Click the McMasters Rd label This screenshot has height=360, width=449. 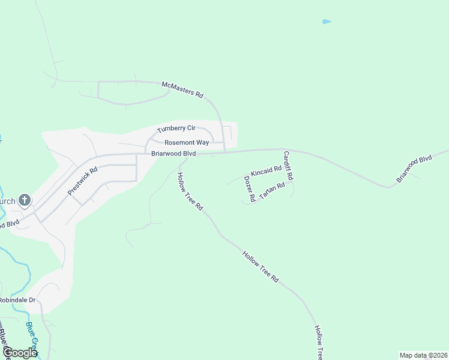[183, 90]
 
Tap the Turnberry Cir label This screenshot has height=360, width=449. [176, 128]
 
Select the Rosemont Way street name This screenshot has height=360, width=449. [187, 143]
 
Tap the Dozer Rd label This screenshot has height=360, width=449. [250, 188]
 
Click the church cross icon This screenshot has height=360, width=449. [25, 200]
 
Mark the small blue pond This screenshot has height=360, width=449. [326, 22]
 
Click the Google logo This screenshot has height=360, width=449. [20, 353]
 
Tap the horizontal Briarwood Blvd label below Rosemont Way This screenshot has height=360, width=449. [173, 154]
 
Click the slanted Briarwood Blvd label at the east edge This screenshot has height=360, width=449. [414, 169]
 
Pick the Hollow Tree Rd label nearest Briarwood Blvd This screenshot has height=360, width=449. [190, 191]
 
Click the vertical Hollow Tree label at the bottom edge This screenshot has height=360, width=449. [319, 343]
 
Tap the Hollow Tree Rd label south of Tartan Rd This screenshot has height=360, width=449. [261, 267]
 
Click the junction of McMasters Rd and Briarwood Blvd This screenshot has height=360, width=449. [224, 152]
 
